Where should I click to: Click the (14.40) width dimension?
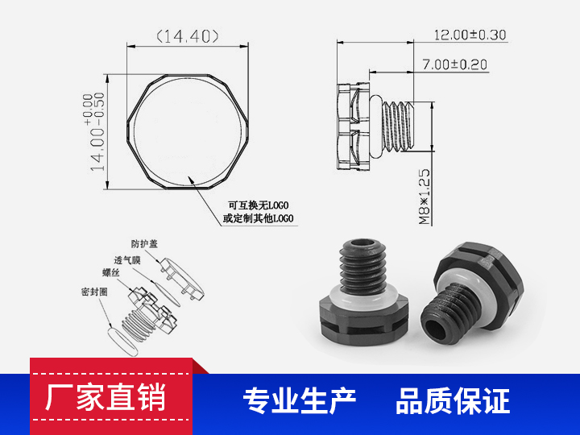point(188,35)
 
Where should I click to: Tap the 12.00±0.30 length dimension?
point(470,35)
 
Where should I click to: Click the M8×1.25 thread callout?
point(425,197)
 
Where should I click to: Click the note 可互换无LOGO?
point(258,205)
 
